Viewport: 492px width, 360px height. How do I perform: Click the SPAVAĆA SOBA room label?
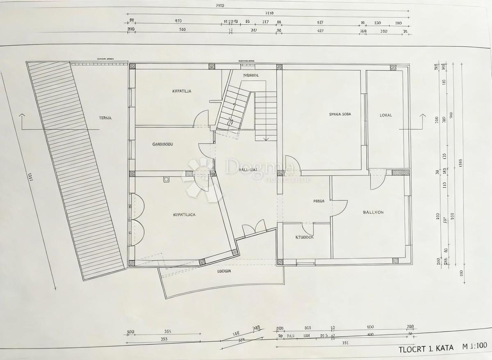point(340,114)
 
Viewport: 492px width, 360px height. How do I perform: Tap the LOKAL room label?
point(385,115)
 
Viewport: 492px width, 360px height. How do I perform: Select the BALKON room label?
point(373,212)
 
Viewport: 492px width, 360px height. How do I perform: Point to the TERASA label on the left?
point(105,118)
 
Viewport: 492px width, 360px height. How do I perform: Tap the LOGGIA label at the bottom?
point(225,271)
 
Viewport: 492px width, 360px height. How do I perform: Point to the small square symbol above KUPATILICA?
point(166,179)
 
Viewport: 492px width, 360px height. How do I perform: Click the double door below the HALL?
point(254,229)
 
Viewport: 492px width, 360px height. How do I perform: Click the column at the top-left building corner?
point(132,66)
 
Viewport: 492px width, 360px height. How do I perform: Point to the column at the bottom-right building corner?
point(395,260)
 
